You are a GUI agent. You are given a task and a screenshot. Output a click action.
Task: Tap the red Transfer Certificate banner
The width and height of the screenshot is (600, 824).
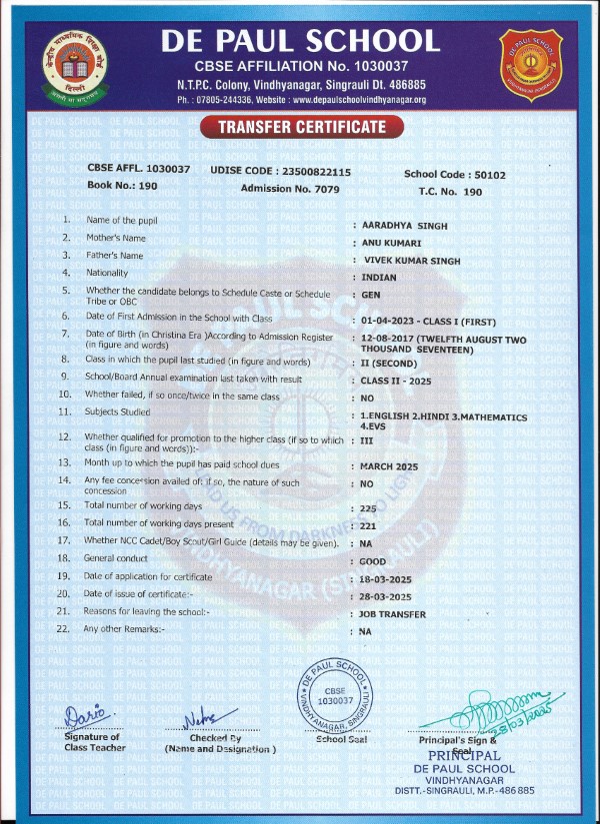pyautogui.click(x=300, y=127)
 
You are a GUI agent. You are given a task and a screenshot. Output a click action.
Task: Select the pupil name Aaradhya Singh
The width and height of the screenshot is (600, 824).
pyautogui.click(x=404, y=226)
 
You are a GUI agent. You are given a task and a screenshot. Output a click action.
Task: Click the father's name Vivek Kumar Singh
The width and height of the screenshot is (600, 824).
pyautogui.click(x=410, y=258)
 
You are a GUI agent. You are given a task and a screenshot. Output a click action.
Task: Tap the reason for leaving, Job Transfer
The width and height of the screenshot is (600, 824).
pyautogui.click(x=393, y=614)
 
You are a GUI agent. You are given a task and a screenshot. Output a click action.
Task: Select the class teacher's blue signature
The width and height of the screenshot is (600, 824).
pyautogui.click(x=87, y=716)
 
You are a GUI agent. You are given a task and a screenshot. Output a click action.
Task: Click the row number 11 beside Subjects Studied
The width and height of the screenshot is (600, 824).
pyautogui.click(x=64, y=412)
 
